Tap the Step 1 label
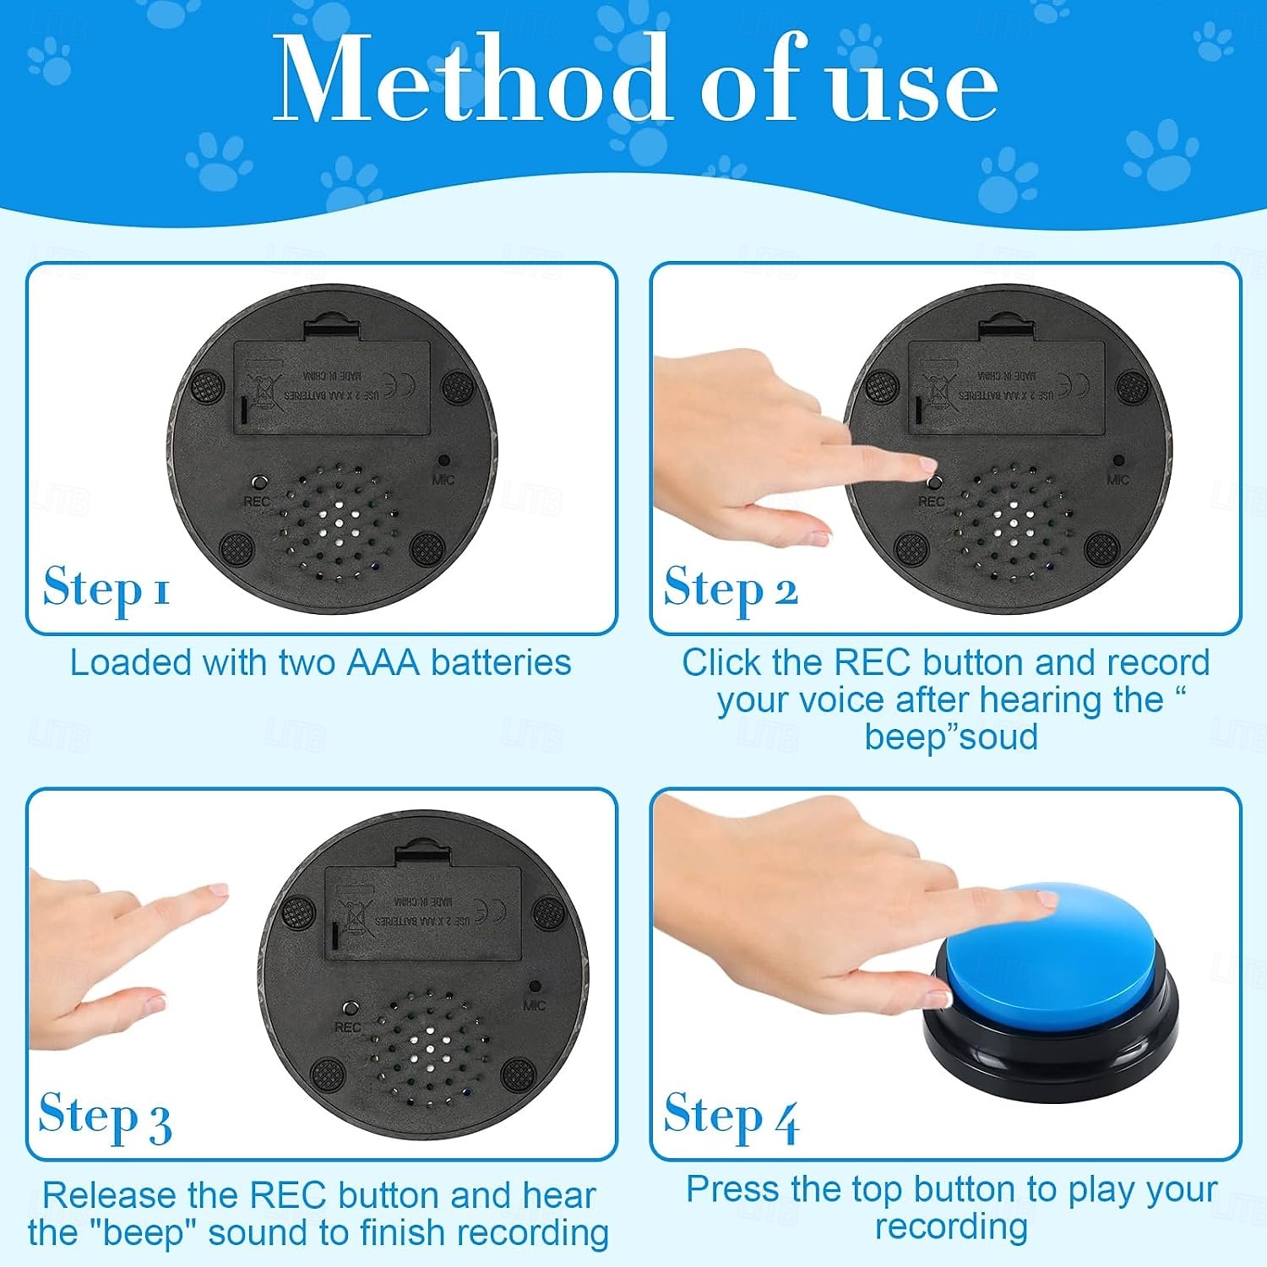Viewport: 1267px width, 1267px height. (106, 589)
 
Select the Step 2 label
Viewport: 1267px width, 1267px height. (731, 589)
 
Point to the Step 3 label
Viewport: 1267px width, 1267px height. (106, 1117)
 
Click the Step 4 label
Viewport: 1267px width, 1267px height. (731, 1117)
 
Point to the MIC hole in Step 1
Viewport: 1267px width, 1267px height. (443, 461)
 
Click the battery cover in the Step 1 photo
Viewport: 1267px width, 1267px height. (332, 386)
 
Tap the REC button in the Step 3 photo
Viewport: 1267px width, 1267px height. (350, 1009)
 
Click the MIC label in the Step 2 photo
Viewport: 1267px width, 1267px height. (1117, 480)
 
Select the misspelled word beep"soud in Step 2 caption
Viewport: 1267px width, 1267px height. (951, 737)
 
